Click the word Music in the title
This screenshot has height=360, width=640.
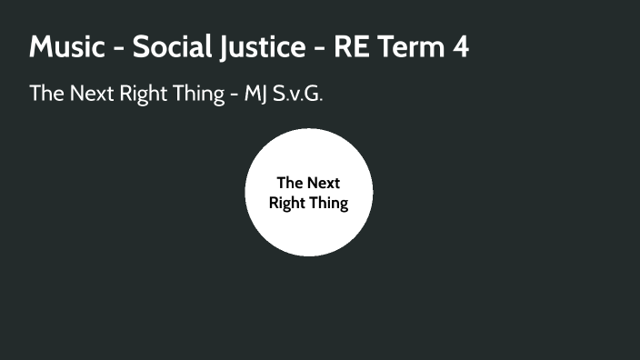[x=68, y=47]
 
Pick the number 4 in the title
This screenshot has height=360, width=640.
[x=460, y=47]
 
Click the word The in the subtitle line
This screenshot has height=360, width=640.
[x=45, y=94]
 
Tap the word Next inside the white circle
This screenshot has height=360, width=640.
[x=323, y=183]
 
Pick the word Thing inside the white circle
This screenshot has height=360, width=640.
[x=330, y=204]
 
